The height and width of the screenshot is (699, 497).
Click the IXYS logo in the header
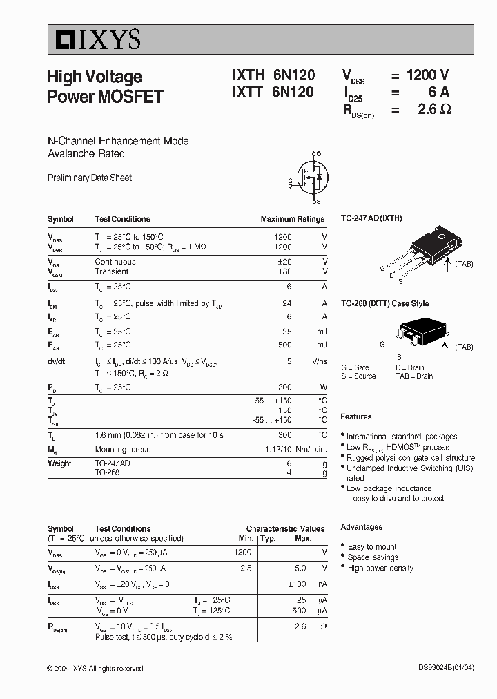(95, 40)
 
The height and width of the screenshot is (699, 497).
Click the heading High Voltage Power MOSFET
(105, 86)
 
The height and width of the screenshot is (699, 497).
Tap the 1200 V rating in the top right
(427, 77)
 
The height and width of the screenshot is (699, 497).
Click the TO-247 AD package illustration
(424, 248)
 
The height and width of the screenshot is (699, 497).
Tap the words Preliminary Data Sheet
(90, 178)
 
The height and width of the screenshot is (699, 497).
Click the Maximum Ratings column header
(292, 219)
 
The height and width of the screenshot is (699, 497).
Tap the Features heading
(355, 417)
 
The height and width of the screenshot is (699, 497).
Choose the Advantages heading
(361, 527)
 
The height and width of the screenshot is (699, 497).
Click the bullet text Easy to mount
(372, 547)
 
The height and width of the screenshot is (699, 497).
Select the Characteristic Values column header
(285, 528)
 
